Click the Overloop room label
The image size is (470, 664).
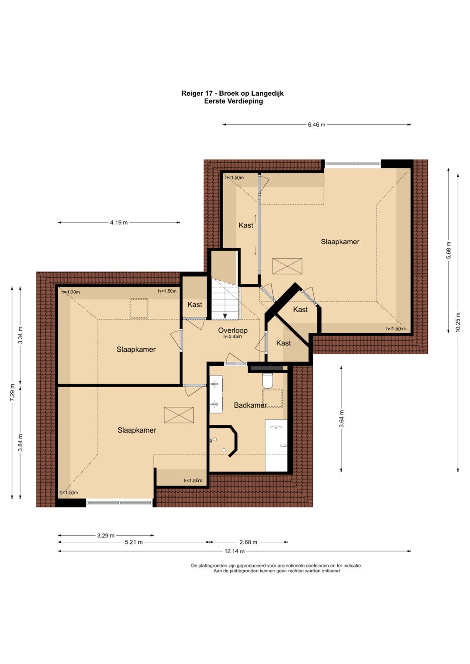(x=233, y=330)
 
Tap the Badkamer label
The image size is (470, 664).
(x=250, y=405)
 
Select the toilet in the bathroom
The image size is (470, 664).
(x=267, y=380)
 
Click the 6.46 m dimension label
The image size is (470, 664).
(x=317, y=125)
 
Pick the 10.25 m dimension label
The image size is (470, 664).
(x=458, y=323)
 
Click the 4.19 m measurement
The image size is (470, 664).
(x=119, y=222)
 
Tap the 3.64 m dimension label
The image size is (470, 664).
(x=342, y=419)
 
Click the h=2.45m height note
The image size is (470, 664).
(x=233, y=337)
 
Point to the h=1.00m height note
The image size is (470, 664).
(x=70, y=292)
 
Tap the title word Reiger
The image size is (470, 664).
(x=191, y=93)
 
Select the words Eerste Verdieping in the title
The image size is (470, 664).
(x=234, y=101)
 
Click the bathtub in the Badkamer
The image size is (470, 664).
(x=276, y=445)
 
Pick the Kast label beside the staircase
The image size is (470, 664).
(x=195, y=304)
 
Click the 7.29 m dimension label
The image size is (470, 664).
(x=12, y=393)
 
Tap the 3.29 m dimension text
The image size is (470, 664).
(x=106, y=535)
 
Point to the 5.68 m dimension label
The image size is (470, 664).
(x=449, y=250)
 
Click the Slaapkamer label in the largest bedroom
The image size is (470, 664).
(x=340, y=242)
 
